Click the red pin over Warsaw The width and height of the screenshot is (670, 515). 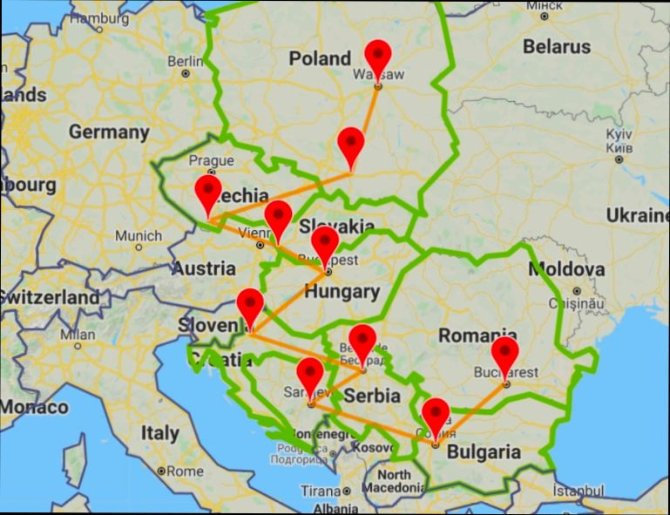(x=378, y=58)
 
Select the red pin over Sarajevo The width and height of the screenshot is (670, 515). (x=310, y=376)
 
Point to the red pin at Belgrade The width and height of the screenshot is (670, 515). (x=362, y=341)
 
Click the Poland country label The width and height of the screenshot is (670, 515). (x=320, y=59)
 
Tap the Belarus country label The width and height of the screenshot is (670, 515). (x=557, y=46)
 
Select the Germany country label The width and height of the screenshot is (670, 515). (x=109, y=132)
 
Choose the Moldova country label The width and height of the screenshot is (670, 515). (x=566, y=269)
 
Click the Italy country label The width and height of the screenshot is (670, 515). (x=160, y=432)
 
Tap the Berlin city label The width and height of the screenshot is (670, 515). (x=185, y=61)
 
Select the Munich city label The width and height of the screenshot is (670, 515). (x=138, y=235)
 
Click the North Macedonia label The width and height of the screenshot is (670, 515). (x=396, y=481)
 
